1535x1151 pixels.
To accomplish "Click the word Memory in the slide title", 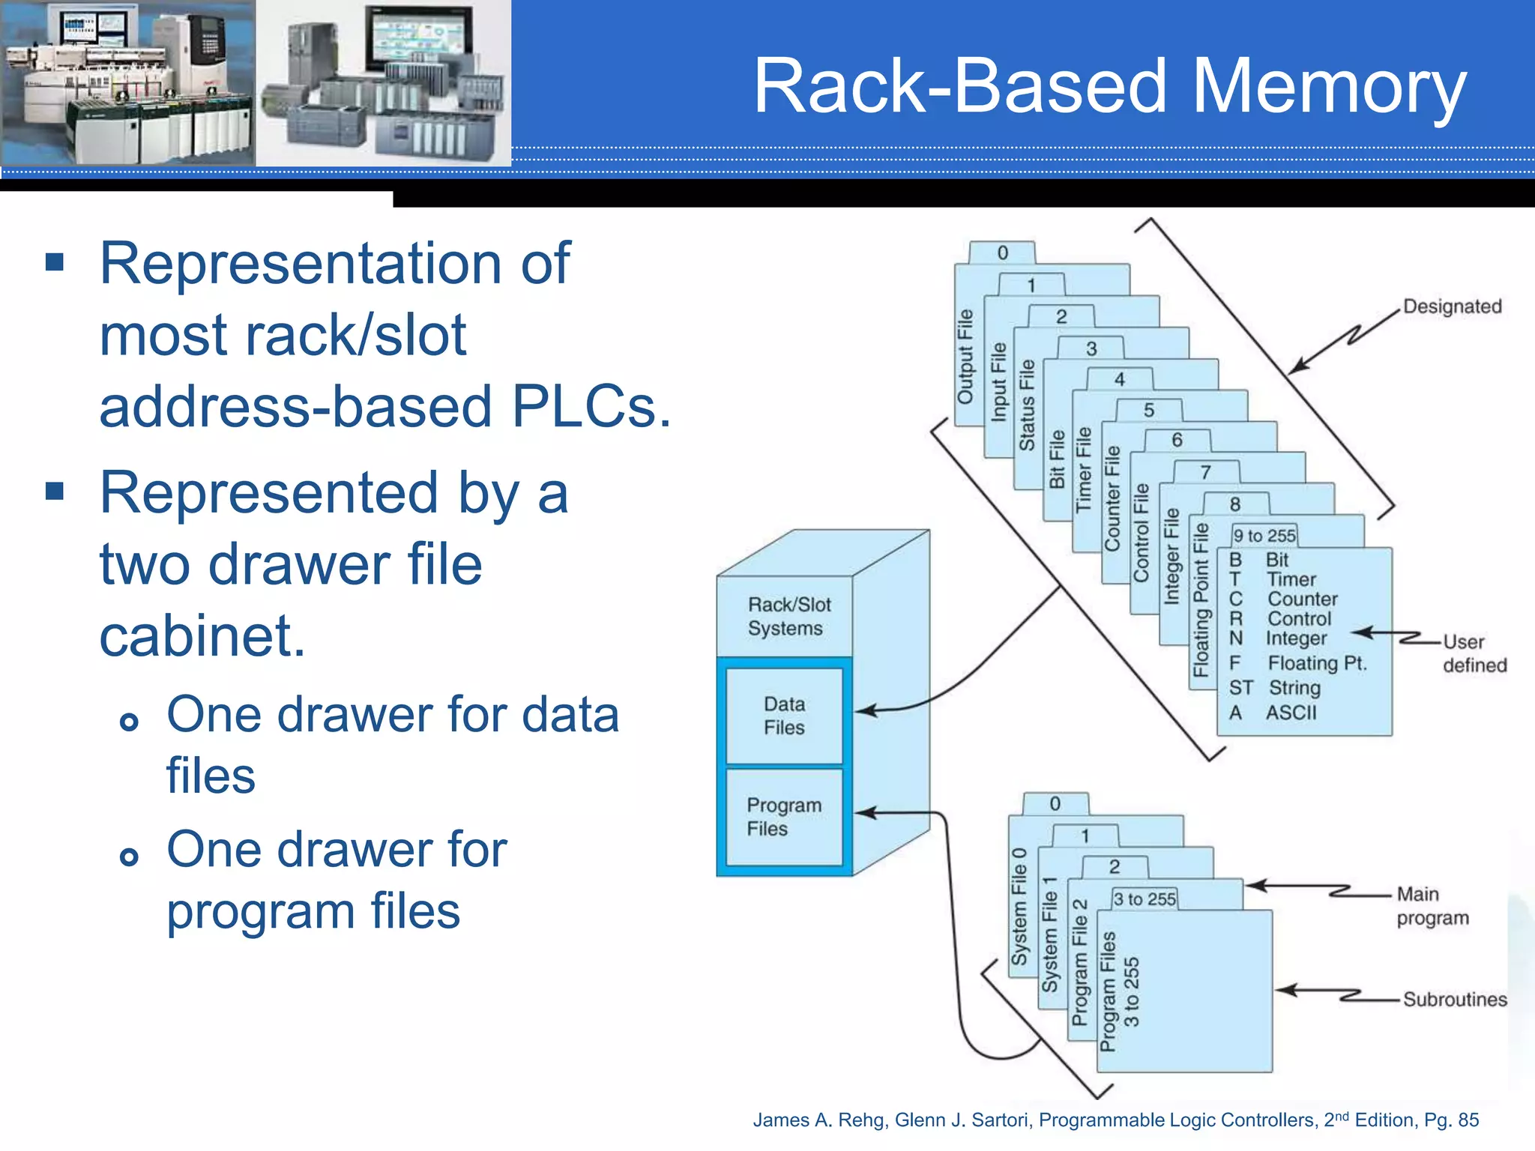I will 1328,88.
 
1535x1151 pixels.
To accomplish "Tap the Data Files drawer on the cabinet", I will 784,716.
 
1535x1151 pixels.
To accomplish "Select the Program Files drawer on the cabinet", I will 784,817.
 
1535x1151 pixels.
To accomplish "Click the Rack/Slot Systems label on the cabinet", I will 788,616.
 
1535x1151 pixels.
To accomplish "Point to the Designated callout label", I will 1452,306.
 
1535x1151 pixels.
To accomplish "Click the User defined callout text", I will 1474,653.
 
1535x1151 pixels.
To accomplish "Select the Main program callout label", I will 1432,905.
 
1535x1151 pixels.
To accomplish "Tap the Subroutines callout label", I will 1454,1000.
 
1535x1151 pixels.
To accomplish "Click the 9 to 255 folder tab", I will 1264,536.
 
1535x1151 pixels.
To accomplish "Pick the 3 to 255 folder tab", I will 1145,898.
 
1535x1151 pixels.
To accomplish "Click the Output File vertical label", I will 965,357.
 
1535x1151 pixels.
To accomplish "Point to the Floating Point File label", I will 1201,599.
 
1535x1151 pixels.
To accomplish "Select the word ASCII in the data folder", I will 1291,713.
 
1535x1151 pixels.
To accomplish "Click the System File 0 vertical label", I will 1019,907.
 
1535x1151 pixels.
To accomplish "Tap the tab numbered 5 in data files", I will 1149,411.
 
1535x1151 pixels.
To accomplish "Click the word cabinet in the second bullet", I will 202,636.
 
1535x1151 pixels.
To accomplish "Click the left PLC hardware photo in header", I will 127,82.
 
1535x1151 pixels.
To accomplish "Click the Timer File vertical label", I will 1084,470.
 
